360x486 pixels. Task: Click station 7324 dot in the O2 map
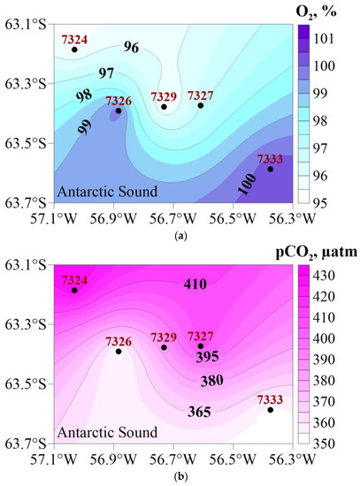[x=74, y=49]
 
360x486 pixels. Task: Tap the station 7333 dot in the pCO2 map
[x=271, y=410]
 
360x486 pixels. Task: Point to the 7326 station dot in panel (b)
[x=119, y=352]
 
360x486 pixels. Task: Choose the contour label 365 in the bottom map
[x=201, y=412]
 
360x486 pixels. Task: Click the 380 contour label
[x=211, y=383]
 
